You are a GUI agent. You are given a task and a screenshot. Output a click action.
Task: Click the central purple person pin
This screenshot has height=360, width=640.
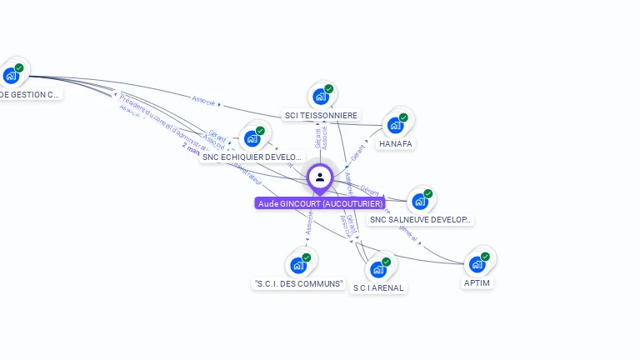point(320,177)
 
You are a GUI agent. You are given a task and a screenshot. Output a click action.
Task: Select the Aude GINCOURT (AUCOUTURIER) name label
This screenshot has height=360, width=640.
point(320,203)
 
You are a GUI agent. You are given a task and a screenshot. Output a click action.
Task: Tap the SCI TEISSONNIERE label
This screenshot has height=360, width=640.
point(321,115)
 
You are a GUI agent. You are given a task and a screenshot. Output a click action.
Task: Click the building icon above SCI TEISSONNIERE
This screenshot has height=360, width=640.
point(321,97)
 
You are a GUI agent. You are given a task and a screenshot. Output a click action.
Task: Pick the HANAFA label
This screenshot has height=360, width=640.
point(395,143)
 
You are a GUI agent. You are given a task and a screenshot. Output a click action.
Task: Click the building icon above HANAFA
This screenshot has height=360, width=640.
point(395,125)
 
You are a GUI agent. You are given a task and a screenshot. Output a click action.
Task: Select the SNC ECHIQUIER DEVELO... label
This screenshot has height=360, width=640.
point(252,157)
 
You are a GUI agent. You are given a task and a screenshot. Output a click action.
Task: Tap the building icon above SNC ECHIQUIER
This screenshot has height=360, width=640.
point(252,138)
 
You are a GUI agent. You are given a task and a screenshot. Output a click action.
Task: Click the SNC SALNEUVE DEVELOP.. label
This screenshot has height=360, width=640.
point(420,220)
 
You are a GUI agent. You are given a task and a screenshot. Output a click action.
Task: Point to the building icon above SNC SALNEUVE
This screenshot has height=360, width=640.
point(420,201)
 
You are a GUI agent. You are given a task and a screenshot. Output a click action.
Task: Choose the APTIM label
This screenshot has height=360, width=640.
point(477,283)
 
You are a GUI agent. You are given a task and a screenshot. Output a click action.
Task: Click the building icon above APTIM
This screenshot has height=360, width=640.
point(477,264)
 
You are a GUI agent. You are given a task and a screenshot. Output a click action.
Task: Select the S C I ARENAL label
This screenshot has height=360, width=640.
point(378,288)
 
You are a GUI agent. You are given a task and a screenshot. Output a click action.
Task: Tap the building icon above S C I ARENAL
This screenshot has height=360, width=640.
point(378,269)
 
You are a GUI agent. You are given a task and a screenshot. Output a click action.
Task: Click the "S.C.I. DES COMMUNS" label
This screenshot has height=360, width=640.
point(298,283)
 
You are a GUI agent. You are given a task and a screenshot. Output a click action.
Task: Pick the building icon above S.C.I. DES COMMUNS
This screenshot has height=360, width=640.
point(298,266)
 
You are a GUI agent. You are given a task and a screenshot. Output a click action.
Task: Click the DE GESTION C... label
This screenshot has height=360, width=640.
point(30,94)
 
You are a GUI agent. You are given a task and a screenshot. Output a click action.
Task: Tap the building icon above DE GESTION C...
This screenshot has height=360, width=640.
point(11,76)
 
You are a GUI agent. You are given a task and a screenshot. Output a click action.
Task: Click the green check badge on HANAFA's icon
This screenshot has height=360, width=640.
point(403,117)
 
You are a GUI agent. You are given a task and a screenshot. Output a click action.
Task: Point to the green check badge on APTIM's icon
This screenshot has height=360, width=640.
point(486,257)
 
